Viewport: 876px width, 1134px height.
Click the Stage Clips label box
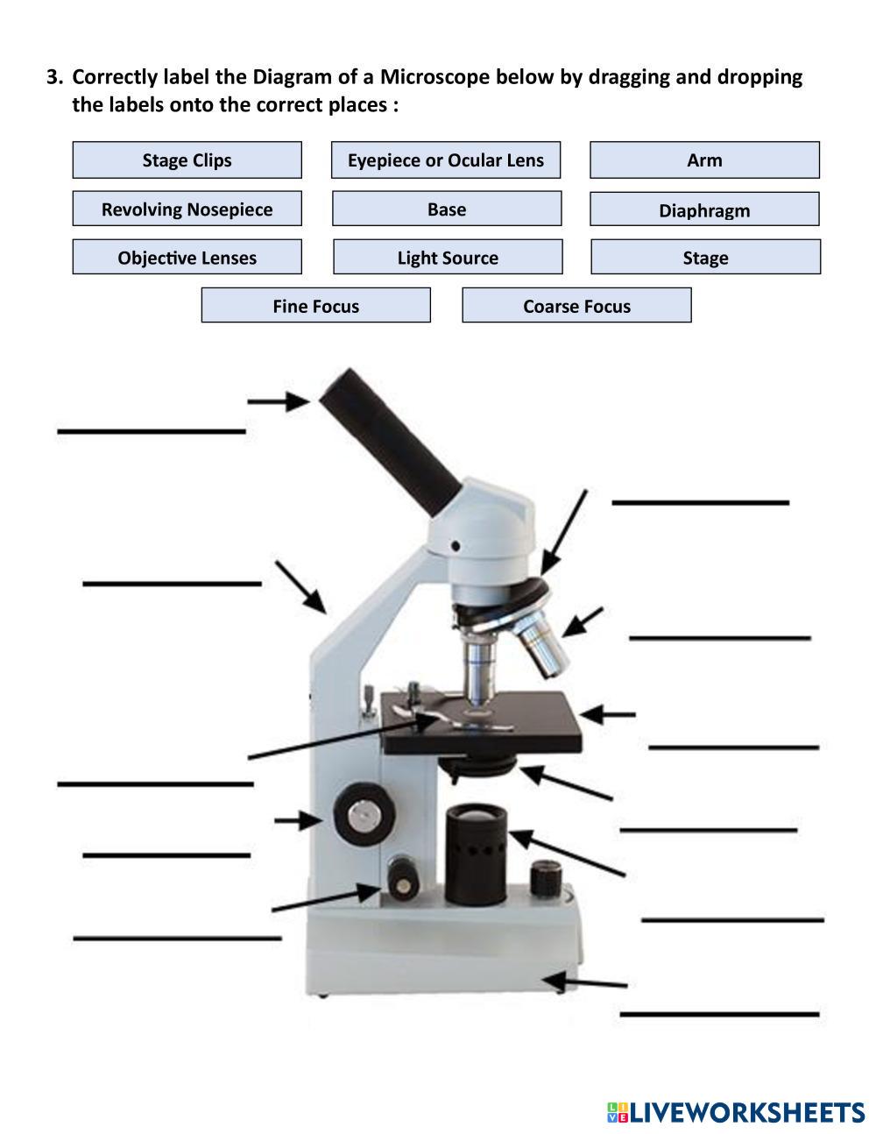[x=187, y=160]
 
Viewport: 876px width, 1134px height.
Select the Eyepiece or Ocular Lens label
[x=445, y=160]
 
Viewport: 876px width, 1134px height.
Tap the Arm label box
[x=704, y=160]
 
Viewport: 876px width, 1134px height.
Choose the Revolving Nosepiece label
[x=187, y=209]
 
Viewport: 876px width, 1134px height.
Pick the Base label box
[x=447, y=209]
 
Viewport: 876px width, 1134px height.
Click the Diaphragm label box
[x=704, y=210]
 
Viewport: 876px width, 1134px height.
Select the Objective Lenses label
[x=187, y=258]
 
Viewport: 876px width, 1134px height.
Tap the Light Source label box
[x=448, y=258]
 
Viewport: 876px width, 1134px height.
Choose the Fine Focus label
[x=315, y=306]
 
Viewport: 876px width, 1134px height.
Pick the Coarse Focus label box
[x=576, y=306]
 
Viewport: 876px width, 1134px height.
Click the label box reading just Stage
[x=705, y=258]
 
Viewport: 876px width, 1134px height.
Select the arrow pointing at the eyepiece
[x=278, y=401]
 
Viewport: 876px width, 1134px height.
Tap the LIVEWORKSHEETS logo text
[x=745, y=1113]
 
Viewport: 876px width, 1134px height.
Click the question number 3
[x=54, y=77]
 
